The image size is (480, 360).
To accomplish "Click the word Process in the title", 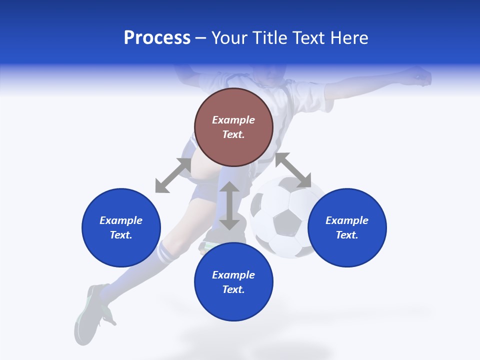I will (157, 38).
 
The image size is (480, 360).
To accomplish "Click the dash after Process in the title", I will (201, 39).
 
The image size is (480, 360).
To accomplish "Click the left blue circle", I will (121, 227).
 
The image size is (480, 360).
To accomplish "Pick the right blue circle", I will (347, 227).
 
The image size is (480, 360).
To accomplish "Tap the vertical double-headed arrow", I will (229, 205).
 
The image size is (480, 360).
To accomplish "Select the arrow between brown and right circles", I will (293, 170).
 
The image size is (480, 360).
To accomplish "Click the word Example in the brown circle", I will (233, 120).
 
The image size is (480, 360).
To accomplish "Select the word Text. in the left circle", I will (121, 235).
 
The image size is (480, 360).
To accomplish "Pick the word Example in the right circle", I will (347, 220).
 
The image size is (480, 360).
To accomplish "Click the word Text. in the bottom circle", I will (233, 289).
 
